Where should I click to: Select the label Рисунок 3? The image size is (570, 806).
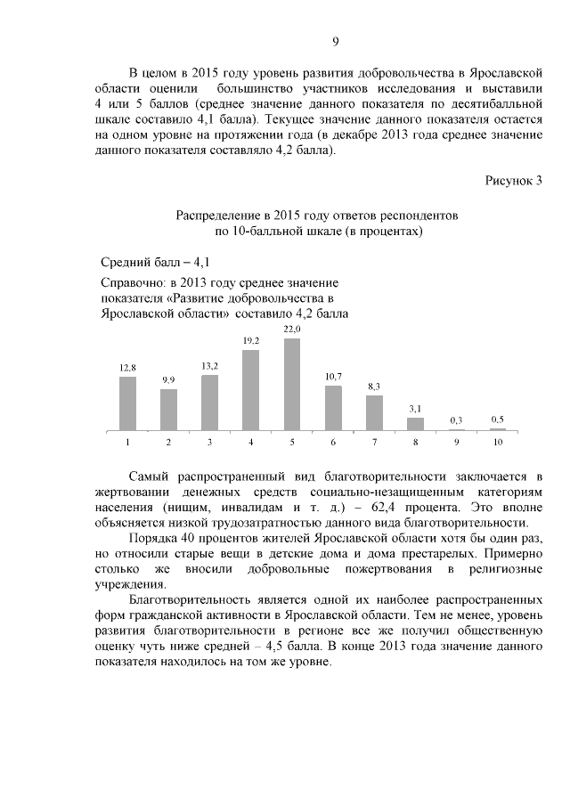coord(513,182)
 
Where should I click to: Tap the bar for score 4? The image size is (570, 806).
coord(251,390)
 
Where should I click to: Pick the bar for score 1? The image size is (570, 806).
coord(128,403)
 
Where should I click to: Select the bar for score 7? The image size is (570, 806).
coord(374,413)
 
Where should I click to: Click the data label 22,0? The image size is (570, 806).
coord(292,330)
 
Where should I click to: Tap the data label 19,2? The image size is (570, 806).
coord(251,341)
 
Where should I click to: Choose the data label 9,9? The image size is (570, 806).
coord(168,380)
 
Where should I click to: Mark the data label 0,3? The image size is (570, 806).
coord(456,419)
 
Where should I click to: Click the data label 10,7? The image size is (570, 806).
coord(333,377)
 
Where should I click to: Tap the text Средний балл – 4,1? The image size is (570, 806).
coord(155,262)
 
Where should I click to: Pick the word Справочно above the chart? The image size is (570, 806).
coord(134,282)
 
